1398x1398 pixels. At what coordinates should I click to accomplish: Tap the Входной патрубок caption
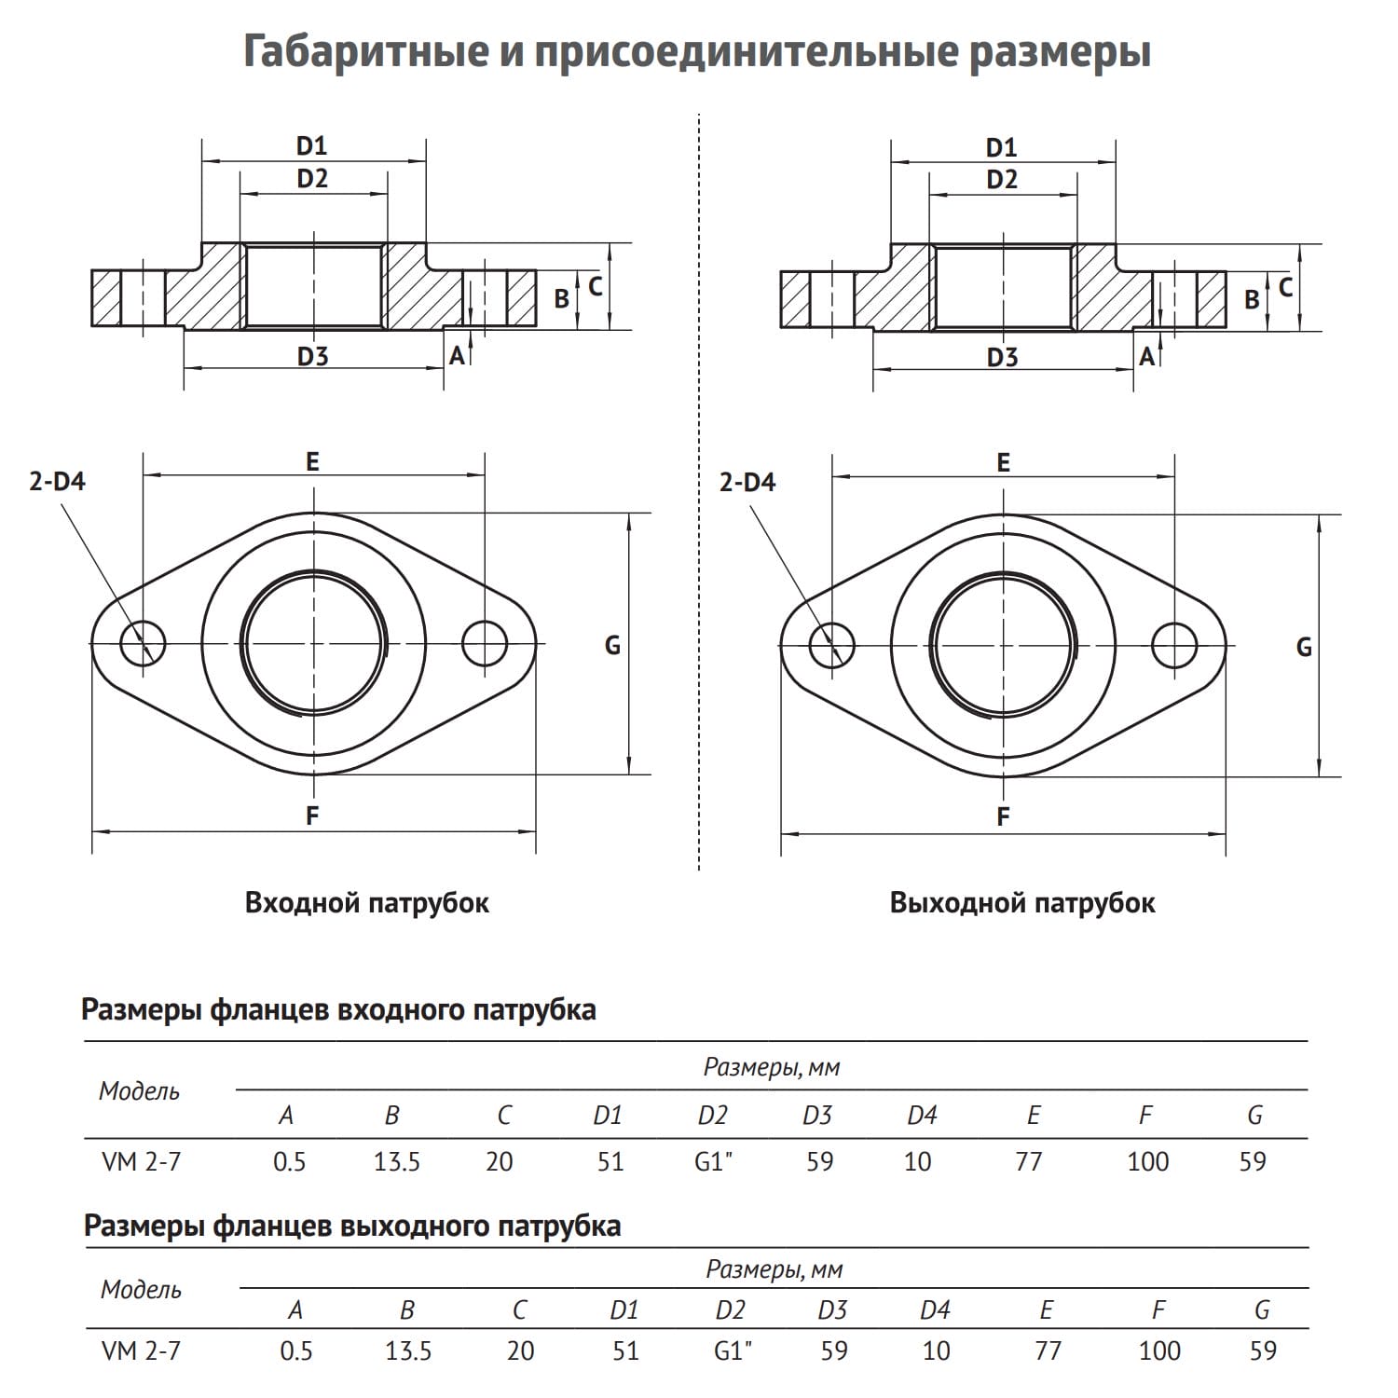[366, 902]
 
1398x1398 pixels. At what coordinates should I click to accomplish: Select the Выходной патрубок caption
[1021, 902]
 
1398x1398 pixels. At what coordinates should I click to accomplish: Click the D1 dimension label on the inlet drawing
[312, 145]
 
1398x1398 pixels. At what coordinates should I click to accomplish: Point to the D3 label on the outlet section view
[1002, 357]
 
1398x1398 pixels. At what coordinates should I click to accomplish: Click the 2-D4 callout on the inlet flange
[57, 482]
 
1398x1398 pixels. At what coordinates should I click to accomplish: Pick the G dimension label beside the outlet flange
[1304, 647]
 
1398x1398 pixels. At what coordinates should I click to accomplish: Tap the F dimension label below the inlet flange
[312, 815]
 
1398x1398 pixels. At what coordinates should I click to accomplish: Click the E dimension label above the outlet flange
[1003, 462]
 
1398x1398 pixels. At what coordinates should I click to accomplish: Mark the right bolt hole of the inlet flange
[485, 643]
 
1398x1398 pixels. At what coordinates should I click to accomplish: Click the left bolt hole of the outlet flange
[831, 644]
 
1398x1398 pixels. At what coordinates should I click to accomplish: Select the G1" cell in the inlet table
[714, 1161]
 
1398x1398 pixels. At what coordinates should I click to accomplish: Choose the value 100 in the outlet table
[1159, 1350]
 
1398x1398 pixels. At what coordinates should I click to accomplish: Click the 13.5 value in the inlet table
[397, 1161]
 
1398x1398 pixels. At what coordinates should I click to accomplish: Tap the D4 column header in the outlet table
[935, 1310]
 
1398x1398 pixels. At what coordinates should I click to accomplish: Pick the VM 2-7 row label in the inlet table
[141, 1161]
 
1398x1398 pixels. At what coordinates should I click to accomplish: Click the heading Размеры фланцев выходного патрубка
[352, 1225]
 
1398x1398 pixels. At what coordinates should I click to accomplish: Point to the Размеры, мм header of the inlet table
[772, 1067]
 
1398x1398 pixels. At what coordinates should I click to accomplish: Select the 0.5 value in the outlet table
[296, 1350]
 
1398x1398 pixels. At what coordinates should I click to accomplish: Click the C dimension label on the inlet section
[596, 286]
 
